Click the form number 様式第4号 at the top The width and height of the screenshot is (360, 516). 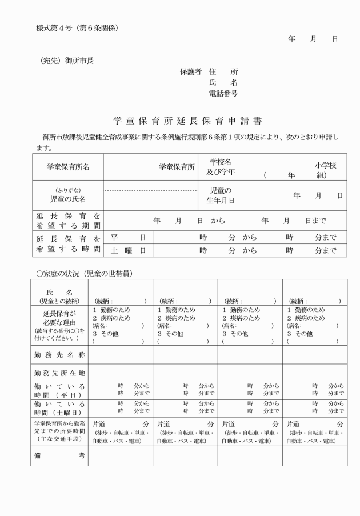[54, 27]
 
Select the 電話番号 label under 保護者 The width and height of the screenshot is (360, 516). [224, 93]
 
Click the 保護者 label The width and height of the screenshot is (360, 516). [191, 72]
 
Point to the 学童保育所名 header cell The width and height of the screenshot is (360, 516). [68, 167]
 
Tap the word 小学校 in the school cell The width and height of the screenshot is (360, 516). [325, 165]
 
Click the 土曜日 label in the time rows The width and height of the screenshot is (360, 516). [129, 250]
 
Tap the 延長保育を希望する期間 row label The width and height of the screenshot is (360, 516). [68, 221]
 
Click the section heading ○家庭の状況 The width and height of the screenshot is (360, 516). [84, 274]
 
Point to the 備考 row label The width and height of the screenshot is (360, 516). [59, 455]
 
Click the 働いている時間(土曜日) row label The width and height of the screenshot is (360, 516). [59, 407]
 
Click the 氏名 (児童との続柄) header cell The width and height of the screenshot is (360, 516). [59, 296]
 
